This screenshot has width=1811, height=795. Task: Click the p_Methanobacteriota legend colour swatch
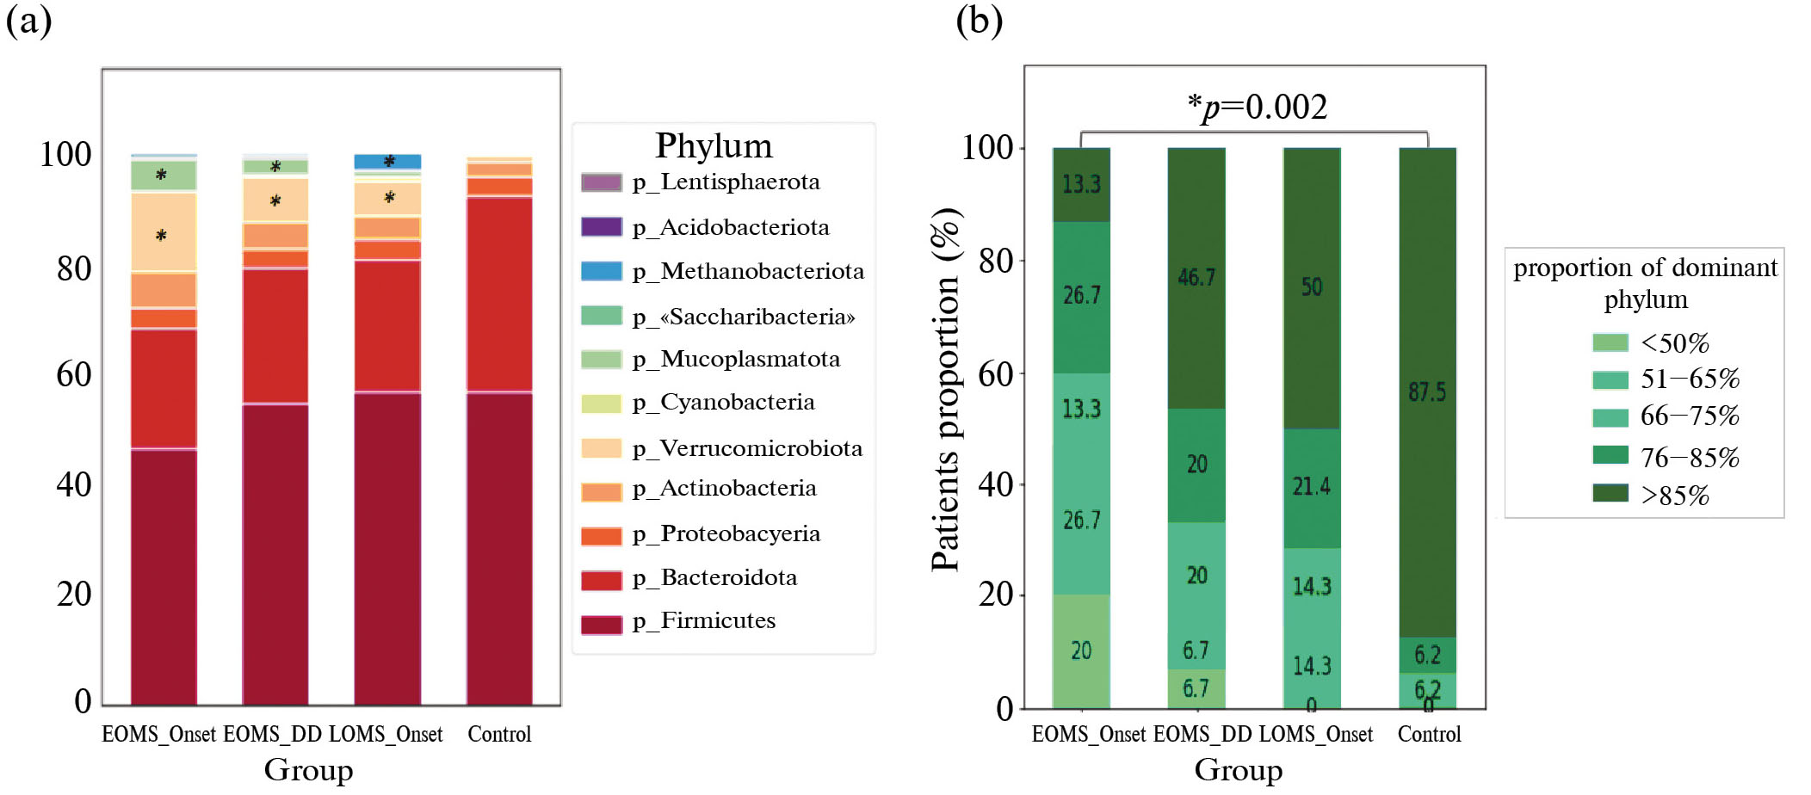click(x=601, y=271)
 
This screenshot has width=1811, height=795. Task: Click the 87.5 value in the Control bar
click(x=1427, y=392)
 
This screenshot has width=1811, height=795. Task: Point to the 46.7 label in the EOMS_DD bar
click(x=1196, y=277)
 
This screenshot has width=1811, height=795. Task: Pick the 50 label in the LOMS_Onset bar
click(x=1311, y=287)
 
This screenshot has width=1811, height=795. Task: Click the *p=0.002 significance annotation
click(x=1257, y=108)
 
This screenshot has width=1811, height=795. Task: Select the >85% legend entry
click(x=1674, y=496)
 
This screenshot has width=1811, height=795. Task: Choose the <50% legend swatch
click(x=1610, y=342)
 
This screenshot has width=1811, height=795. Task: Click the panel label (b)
click(x=979, y=20)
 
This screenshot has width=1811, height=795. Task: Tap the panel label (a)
click(x=28, y=20)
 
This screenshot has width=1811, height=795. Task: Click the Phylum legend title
click(x=714, y=145)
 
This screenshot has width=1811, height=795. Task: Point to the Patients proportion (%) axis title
click(x=945, y=389)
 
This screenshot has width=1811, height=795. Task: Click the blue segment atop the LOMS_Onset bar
click(x=387, y=162)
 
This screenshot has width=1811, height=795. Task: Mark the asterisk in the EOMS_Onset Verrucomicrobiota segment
click(x=161, y=235)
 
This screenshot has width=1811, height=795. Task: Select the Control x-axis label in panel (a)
click(x=499, y=734)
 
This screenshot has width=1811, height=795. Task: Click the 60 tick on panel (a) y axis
click(x=74, y=374)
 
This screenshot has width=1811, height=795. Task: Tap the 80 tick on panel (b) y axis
click(x=996, y=260)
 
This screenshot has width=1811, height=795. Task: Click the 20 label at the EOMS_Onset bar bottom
click(x=1081, y=650)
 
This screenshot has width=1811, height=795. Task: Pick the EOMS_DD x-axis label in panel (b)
click(x=1202, y=734)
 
